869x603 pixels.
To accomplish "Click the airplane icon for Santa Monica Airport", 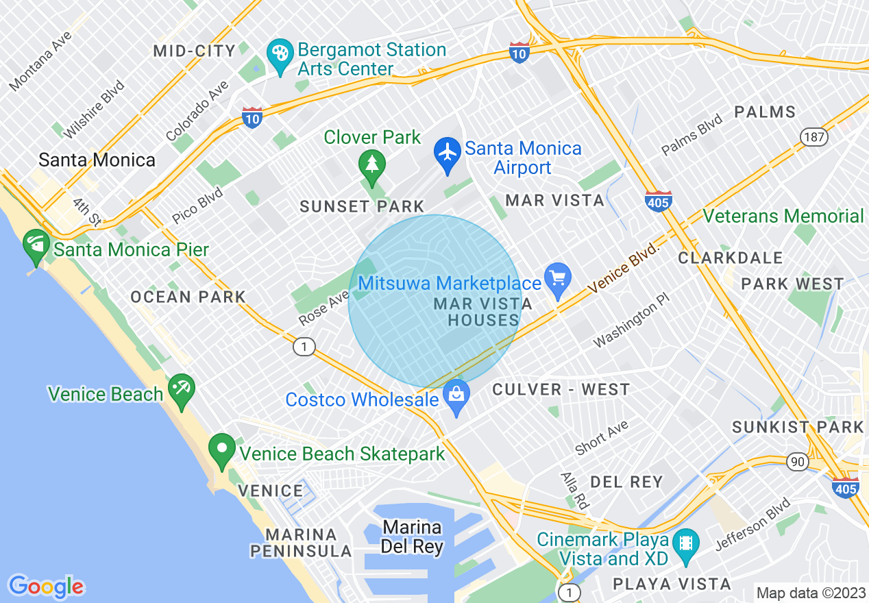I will (x=448, y=152).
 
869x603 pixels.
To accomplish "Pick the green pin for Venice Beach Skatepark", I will (x=221, y=449).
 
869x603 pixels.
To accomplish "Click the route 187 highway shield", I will (x=814, y=136).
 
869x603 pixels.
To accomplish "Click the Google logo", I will (x=46, y=587).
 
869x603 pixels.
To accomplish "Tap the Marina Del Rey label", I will (x=412, y=537).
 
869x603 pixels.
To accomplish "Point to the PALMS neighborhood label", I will (x=765, y=112).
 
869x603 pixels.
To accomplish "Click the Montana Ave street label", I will (x=40, y=62).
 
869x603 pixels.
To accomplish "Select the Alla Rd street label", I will (x=574, y=489).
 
